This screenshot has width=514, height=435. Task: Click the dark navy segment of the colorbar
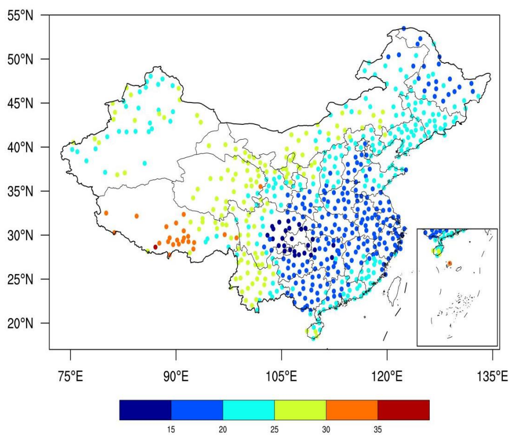point(145,410)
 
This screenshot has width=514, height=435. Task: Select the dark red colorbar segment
point(403,410)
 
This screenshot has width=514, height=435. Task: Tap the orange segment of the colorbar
point(352,410)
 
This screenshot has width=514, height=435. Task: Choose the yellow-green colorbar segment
point(300,410)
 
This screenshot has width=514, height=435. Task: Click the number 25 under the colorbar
point(274,428)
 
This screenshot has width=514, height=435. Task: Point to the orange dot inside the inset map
point(449,263)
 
